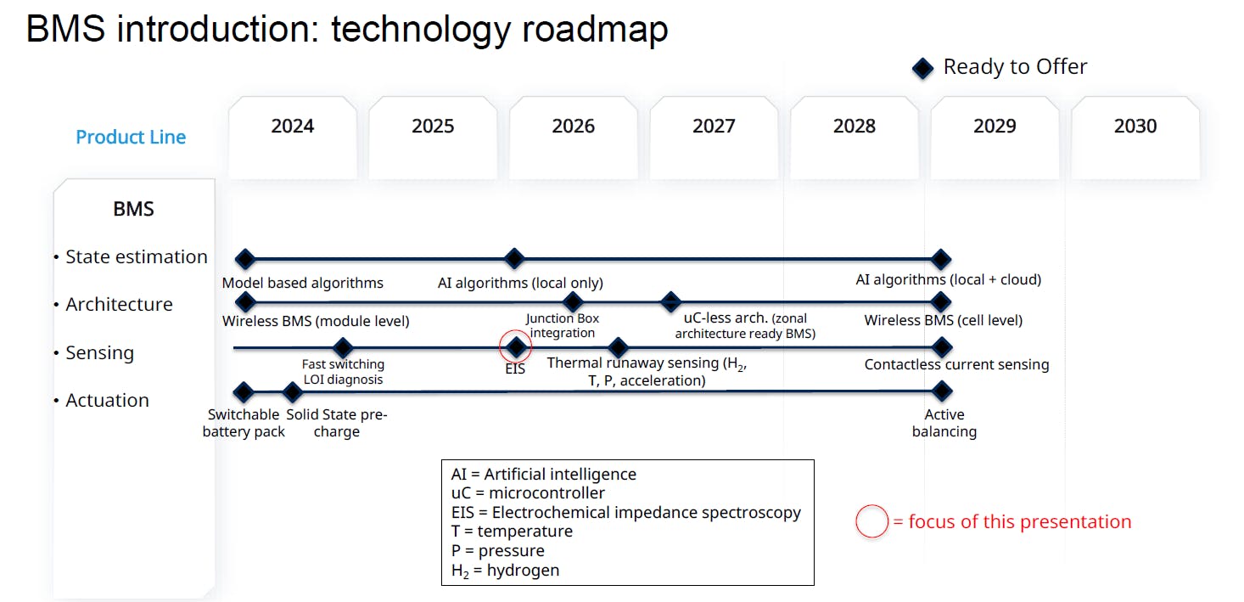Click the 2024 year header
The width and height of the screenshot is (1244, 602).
point(293,127)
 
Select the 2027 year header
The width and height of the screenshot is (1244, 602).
point(714,127)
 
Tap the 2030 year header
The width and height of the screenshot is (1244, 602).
point(1135,127)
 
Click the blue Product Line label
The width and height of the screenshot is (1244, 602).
point(131,138)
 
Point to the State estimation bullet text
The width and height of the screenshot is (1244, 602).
point(136,256)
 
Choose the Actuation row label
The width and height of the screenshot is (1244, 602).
point(107,400)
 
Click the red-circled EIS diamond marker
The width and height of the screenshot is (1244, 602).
point(516,346)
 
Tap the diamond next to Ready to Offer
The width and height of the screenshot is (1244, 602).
point(922,68)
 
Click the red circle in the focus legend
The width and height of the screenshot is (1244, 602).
point(871,521)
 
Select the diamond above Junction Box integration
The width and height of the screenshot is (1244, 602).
point(573,301)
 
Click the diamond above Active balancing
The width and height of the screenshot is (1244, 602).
point(942,391)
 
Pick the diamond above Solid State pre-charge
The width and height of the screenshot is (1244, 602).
point(293,392)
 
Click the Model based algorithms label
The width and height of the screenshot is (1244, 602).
point(302,283)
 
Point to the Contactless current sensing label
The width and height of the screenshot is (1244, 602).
point(956,364)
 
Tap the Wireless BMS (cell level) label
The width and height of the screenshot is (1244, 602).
point(943,320)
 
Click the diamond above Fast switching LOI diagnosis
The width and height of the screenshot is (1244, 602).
point(342,347)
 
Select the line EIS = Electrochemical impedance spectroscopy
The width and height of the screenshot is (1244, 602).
point(625,512)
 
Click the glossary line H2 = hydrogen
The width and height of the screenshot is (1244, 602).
point(505,571)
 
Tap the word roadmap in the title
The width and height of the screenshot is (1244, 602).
point(595,30)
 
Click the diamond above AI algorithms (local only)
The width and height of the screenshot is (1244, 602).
point(513,259)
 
